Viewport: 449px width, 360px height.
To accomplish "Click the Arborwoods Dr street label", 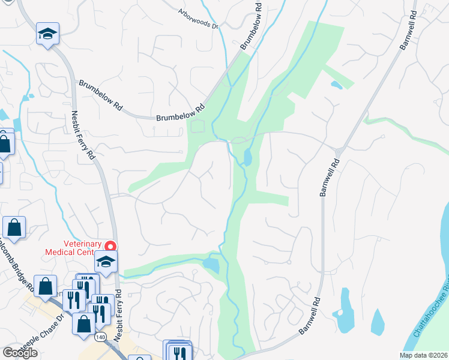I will (x=197, y=19).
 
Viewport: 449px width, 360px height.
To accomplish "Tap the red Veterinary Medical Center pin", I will (x=110, y=246).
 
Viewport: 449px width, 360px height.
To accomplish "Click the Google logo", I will (x=20, y=353).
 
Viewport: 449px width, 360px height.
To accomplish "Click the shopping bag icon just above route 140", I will (x=83, y=323).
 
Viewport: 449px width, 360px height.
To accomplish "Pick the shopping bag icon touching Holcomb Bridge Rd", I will (x=14, y=227).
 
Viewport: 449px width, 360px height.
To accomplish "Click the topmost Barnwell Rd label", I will (x=408, y=29).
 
